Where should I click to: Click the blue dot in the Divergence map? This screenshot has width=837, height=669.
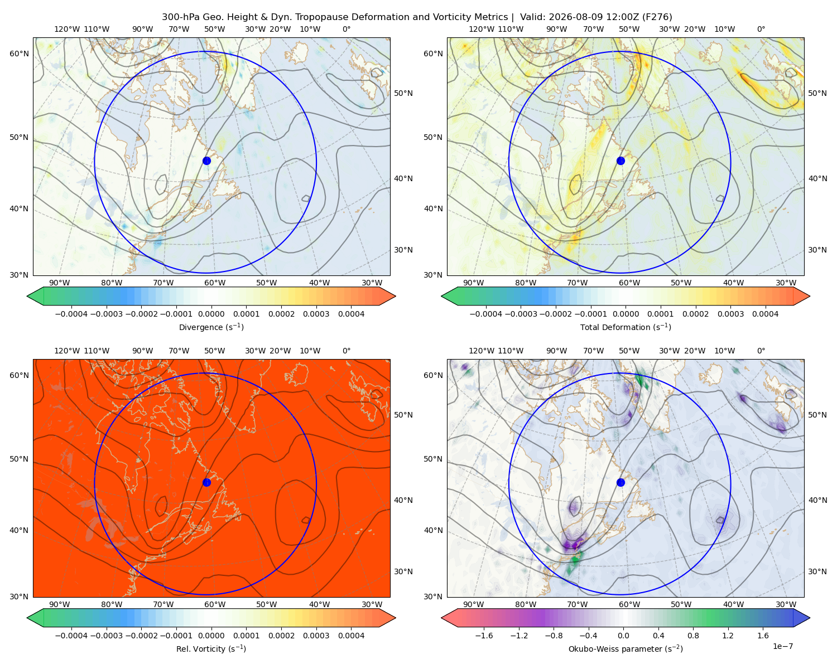206,161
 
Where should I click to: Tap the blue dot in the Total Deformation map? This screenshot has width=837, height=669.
620,161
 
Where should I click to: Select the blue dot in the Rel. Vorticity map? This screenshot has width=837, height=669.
206,482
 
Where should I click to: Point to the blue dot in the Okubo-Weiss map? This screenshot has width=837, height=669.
620,482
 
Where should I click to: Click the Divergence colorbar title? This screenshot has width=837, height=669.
211,327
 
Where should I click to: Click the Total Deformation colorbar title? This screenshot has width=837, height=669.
626,327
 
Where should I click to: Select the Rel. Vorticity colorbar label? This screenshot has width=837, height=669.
211,648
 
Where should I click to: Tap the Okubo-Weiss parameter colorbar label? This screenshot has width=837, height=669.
626,648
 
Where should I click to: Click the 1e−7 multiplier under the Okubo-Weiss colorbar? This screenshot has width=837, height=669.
782,646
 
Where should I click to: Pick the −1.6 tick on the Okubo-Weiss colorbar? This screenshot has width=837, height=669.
484,635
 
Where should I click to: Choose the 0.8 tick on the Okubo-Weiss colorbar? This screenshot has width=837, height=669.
693,635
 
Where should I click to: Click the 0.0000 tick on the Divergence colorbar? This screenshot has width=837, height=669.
211,314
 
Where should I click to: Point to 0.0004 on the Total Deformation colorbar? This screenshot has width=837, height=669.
765,314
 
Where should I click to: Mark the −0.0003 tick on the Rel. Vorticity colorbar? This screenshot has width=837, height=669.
106,635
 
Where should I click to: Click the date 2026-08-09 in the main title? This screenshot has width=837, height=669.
571,17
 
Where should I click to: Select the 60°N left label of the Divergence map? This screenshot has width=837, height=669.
19,54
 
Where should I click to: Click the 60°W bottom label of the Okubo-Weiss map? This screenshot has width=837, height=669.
629,604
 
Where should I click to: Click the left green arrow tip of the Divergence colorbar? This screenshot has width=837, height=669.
27,296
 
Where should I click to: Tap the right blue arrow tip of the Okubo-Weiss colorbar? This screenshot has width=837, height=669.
810,618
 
